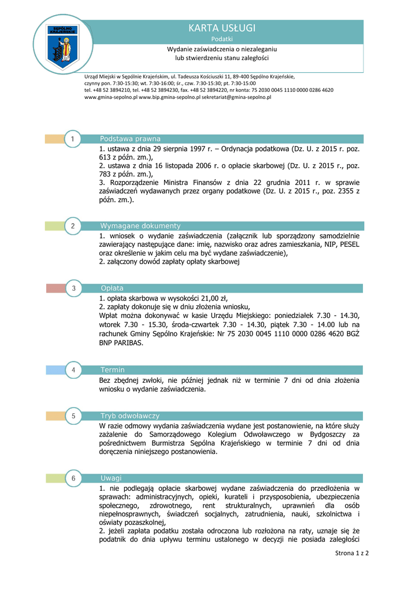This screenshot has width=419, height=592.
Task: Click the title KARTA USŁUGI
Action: coord(221,28)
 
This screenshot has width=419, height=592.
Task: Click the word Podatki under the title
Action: coord(221,39)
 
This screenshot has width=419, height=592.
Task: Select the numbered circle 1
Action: coord(73,139)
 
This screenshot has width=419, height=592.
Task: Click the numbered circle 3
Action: coord(73,288)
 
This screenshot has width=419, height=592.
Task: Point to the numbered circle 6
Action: coord(73,478)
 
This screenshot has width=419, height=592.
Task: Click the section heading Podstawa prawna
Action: coord(130,139)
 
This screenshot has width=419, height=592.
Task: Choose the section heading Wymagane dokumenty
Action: coord(140,226)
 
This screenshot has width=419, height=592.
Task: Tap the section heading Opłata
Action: coord(112,288)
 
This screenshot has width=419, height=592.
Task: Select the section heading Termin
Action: coord(113,369)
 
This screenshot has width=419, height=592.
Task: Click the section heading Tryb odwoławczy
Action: coord(130,416)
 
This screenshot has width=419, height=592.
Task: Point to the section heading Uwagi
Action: coord(111,478)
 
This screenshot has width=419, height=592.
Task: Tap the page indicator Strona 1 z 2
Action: coord(352,553)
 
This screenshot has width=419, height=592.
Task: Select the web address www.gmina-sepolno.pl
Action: coord(111,98)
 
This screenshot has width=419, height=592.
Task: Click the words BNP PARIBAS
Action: coord(121,342)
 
